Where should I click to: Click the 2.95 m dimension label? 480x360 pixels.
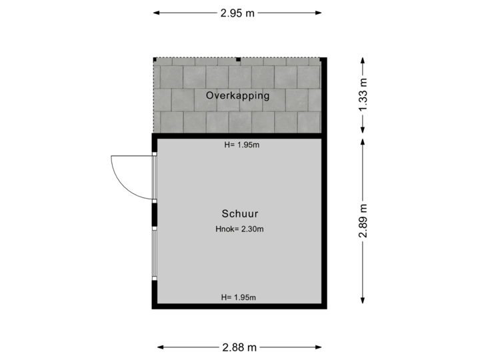tap(239, 12)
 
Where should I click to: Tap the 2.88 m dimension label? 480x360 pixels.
tap(239, 347)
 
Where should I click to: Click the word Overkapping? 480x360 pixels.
tap(237, 95)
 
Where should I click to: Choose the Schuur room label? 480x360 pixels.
tap(240, 214)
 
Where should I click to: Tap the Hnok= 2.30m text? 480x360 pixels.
tap(240, 229)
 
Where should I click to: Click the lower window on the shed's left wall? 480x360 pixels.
tap(155, 253)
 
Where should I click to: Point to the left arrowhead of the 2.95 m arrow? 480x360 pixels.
tap(156, 12)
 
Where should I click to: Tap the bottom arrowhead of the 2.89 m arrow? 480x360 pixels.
tap(363, 300)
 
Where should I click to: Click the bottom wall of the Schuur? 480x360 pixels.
tap(239, 307)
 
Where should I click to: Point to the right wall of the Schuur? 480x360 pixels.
tap(325, 220)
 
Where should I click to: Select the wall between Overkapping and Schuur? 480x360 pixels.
tap(239, 135)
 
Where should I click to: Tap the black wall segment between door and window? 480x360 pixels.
tap(155, 214)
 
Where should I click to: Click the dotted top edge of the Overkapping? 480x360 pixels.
tap(237, 58)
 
